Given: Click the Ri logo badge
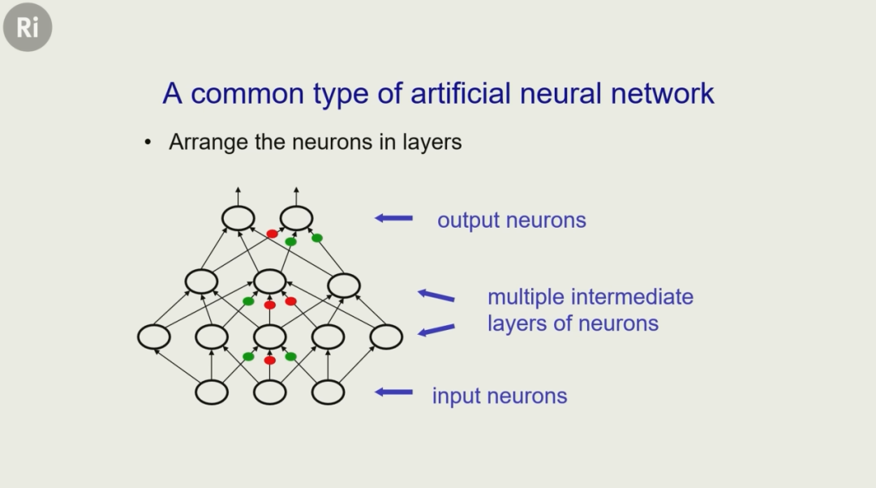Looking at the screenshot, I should (x=27, y=28).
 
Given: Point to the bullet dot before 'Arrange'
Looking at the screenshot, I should (x=148, y=143).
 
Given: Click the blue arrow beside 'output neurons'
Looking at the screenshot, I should (x=394, y=218).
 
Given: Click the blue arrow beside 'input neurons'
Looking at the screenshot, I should (x=394, y=392).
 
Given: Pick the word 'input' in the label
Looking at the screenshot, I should (x=457, y=396).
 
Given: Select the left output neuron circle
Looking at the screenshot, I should (x=238, y=217).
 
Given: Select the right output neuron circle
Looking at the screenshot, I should (x=296, y=217).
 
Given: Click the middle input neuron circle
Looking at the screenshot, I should (x=270, y=392).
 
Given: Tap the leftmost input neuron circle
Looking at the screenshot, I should (x=212, y=392).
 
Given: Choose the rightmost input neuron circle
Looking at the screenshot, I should (x=328, y=392).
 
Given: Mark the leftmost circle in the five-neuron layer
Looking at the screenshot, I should (x=154, y=336).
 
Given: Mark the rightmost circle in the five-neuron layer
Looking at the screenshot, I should (x=386, y=336).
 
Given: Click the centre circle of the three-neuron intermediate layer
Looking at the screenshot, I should (x=270, y=281).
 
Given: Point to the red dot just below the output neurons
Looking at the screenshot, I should (x=273, y=233).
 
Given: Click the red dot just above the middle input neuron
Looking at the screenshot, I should (x=270, y=360).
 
